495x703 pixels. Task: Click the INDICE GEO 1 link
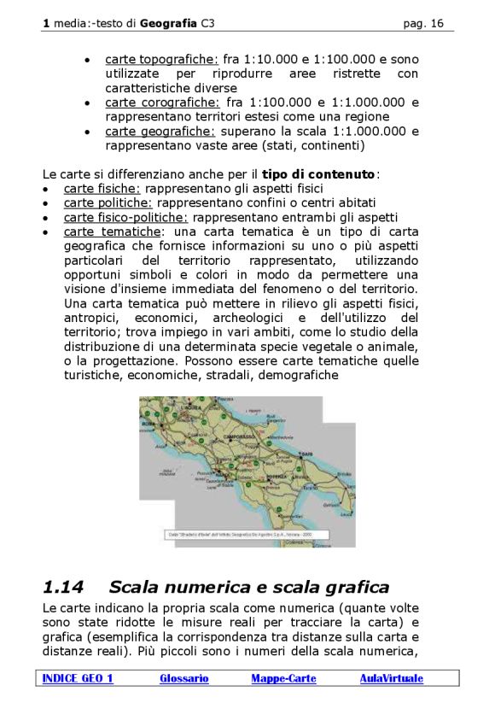coord(78,678)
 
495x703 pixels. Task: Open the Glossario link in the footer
coord(183,678)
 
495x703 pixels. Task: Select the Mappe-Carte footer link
coord(283,678)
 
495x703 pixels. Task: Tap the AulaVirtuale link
coord(391,678)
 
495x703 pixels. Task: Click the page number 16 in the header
coord(436,24)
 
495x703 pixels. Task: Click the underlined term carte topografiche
coord(161,60)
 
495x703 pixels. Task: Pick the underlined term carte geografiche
coord(160,132)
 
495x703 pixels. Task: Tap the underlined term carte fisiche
coord(102,188)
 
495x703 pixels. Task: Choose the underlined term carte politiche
coord(108,202)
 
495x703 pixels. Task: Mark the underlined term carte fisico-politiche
coord(125,217)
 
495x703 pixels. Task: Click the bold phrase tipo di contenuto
coord(318,174)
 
